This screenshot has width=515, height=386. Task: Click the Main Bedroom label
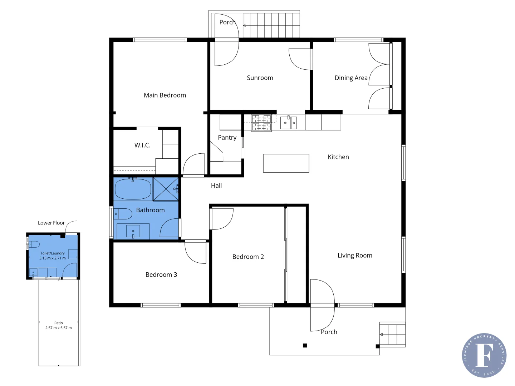click(x=165, y=95)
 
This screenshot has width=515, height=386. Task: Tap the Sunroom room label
click(x=260, y=78)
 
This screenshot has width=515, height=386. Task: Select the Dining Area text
click(x=351, y=78)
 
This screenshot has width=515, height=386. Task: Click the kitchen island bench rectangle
click(x=286, y=163)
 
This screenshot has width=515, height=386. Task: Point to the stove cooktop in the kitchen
click(x=261, y=123)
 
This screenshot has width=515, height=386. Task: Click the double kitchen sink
click(x=288, y=123)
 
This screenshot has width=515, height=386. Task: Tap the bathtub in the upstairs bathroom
click(x=133, y=189)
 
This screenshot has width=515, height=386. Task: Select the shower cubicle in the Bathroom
click(x=166, y=189)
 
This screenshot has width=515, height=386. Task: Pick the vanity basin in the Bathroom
click(x=133, y=231)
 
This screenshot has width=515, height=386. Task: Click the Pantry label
click(x=227, y=138)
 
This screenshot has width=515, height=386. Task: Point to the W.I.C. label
click(x=142, y=145)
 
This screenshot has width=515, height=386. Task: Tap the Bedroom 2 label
click(x=248, y=257)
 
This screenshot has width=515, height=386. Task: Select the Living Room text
click(x=355, y=255)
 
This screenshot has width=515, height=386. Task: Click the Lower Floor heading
click(x=51, y=223)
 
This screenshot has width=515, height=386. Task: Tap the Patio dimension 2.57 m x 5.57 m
click(x=58, y=328)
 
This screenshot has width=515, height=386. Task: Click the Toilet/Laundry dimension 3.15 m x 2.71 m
click(x=53, y=258)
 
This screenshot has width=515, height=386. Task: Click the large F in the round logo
click(x=484, y=355)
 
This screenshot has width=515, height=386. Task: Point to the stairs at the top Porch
click(x=271, y=25)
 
